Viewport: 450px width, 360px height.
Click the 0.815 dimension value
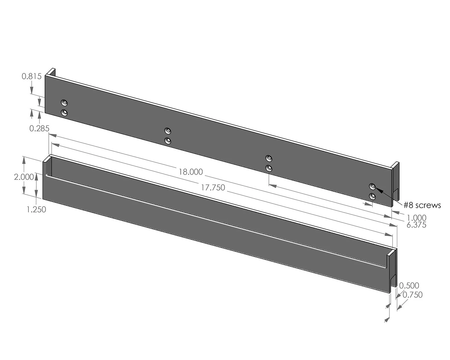click(x=32, y=76)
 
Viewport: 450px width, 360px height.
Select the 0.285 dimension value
click(x=39, y=128)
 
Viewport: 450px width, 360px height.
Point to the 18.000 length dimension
click(x=190, y=172)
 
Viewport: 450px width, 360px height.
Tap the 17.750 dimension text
click(x=213, y=188)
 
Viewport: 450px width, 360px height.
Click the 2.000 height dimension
click(x=24, y=177)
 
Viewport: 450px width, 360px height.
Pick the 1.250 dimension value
click(x=36, y=209)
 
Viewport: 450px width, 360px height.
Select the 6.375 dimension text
click(x=416, y=225)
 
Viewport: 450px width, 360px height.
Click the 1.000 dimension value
click(x=416, y=218)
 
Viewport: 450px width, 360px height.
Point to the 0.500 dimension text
click(x=409, y=286)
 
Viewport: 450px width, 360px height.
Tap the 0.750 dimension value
click(x=412, y=295)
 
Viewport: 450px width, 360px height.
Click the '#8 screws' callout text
click(x=422, y=205)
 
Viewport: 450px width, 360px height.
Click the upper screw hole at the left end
click(x=64, y=103)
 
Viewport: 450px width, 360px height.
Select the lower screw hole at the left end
click(x=64, y=112)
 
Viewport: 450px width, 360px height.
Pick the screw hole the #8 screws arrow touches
click(x=372, y=187)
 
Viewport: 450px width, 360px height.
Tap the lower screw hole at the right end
click(x=372, y=197)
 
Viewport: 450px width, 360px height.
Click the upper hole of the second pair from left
click(x=168, y=130)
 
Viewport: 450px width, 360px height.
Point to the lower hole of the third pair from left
click(x=269, y=168)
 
